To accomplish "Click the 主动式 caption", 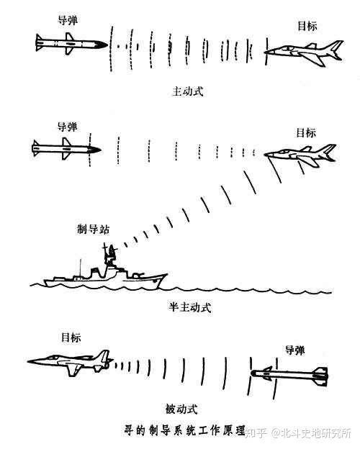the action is click(187, 91).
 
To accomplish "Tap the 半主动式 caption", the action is click(190, 307).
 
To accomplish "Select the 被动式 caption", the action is click(181, 409).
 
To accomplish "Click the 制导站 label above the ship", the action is click(93, 229).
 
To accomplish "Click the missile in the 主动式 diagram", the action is click(71, 44).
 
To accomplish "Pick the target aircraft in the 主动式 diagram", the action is click(304, 53).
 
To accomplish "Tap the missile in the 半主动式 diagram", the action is click(66, 149).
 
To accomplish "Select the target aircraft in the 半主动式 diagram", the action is click(300, 155).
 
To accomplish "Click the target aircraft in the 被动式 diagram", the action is click(71, 362).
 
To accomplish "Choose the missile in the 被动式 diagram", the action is click(289, 373).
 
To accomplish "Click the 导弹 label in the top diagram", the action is click(68, 20).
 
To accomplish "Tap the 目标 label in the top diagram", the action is click(307, 25).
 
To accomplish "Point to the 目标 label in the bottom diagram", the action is click(71, 337).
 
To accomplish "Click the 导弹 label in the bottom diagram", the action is click(295, 350).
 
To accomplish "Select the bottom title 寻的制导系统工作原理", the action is click(185, 430).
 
